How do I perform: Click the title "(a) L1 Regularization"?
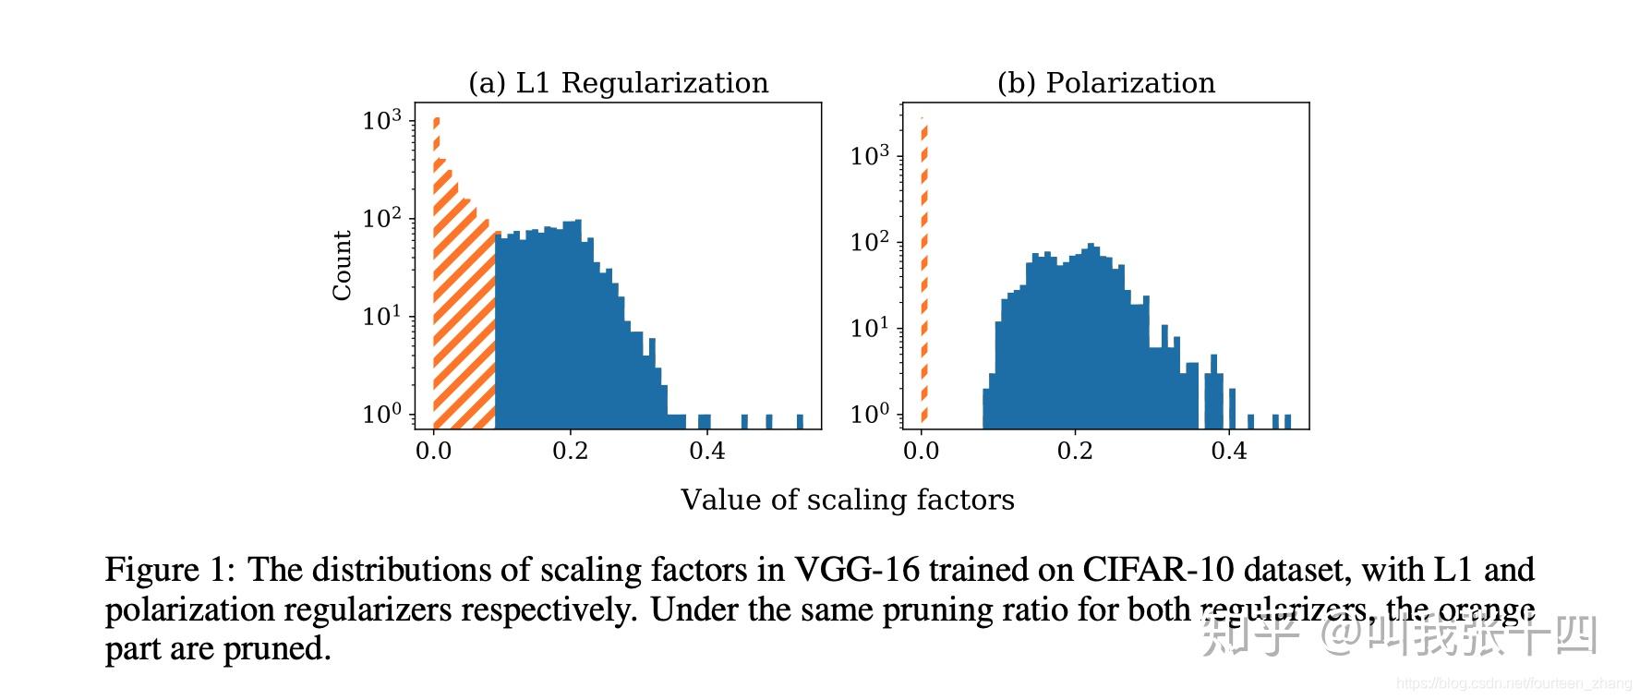[618, 83]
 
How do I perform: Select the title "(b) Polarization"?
[1105, 83]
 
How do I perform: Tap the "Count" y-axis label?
[343, 266]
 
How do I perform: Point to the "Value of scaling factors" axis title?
[847, 500]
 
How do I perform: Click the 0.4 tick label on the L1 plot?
[706, 452]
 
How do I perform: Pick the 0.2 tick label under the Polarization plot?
[1075, 452]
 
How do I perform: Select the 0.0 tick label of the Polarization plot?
[921, 452]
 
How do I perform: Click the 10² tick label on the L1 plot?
[381, 219]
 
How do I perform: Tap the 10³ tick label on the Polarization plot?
[870, 156]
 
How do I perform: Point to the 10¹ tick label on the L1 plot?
[381, 317]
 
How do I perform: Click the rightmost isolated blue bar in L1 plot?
[800, 421]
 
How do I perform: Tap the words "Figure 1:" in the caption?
[172, 570]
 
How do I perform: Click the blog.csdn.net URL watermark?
[1513, 684]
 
